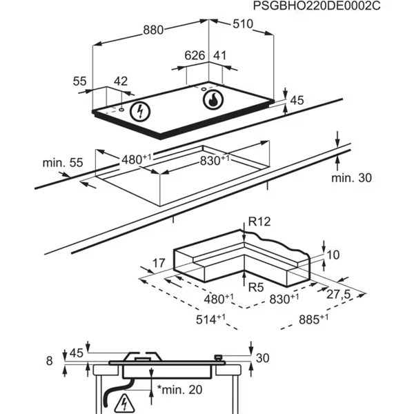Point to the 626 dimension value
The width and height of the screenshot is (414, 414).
click(x=196, y=55)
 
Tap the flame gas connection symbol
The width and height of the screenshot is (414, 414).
click(x=213, y=101)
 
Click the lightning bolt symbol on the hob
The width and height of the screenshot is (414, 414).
click(x=141, y=110)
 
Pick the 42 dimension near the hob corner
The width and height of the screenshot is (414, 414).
click(x=121, y=81)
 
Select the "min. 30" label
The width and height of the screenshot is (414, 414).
click(x=351, y=178)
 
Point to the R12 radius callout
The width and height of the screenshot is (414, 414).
click(x=258, y=221)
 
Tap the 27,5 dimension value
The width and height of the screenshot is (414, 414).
click(x=338, y=294)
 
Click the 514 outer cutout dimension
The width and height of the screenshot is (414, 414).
click(x=211, y=318)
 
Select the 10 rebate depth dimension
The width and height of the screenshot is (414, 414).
click(x=333, y=255)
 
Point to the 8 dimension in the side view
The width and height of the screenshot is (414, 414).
click(x=49, y=359)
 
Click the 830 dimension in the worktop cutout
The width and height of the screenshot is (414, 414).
click(x=215, y=160)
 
